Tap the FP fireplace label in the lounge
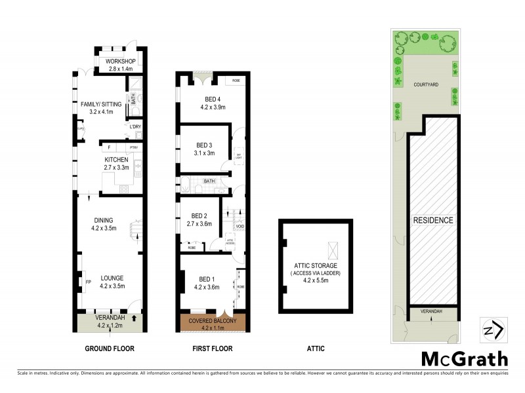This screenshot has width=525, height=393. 88,282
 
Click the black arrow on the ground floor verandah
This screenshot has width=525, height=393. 135,319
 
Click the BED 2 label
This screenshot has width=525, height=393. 199,215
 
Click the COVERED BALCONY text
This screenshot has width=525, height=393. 212,320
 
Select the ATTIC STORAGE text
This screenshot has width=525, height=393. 315,265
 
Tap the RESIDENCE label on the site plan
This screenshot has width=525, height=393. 432,220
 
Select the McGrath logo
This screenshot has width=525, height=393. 464,358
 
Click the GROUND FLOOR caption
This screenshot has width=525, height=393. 110,348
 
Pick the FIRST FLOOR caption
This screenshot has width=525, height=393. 212,348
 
